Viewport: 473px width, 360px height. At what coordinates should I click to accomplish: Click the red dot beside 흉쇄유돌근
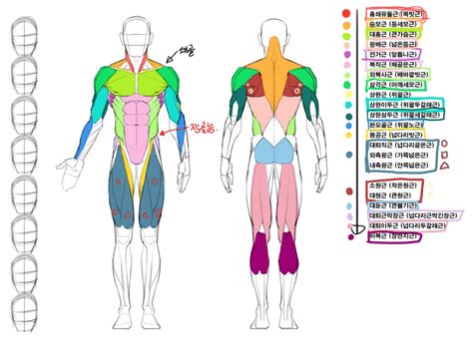tap(346, 15)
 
